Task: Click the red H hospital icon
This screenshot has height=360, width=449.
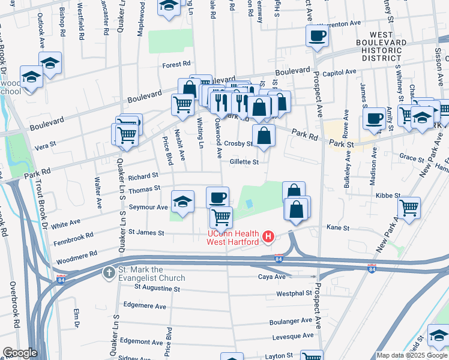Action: pyautogui.click(x=268, y=238)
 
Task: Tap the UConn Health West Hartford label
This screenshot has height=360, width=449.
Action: pyautogui.click(x=233, y=238)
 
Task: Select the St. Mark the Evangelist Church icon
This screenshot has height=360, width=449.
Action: pyautogui.click(x=109, y=273)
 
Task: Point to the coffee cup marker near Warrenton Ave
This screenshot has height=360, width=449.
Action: pyautogui.click(x=317, y=35)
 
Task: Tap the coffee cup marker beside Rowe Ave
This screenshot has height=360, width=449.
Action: pyautogui.click(x=375, y=118)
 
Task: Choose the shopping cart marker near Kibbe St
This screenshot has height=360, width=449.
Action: pyautogui.click(x=409, y=208)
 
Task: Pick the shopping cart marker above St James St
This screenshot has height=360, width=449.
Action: pyautogui.click(x=221, y=217)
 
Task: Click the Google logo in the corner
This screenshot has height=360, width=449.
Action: pyautogui.click(x=20, y=353)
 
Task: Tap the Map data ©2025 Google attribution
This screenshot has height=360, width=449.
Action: pyautogui.click(x=412, y=355)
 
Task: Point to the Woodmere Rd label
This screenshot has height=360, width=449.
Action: pyautogui.click(x=76, y=257)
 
